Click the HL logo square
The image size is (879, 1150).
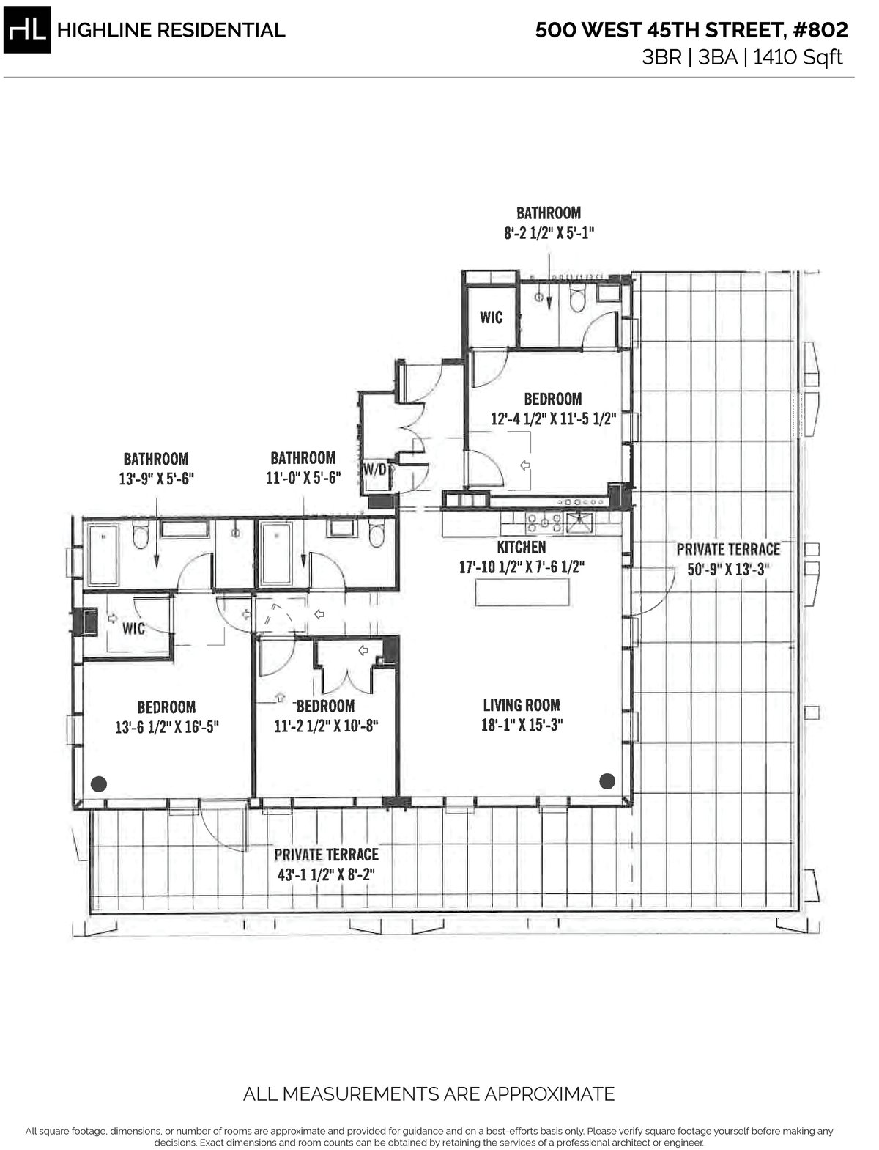pos(27,30)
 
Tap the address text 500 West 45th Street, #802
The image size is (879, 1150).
pos(691,30)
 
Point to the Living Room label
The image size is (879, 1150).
pos(522,705)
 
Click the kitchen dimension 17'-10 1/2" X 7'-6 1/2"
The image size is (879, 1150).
pos(521,567)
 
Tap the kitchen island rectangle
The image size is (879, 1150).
pos(522,592)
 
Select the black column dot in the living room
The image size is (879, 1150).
pos(607,781)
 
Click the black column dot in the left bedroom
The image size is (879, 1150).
pos(98,784)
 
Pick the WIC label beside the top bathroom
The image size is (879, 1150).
pos(491,317)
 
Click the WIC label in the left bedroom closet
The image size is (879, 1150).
pos(133,629)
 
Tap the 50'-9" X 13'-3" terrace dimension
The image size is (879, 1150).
pos(727,569)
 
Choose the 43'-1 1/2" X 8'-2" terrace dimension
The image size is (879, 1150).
pos(326,874)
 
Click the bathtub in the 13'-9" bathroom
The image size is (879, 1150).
pos(103,553)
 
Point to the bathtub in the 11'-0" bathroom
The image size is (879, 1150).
pos(276,553)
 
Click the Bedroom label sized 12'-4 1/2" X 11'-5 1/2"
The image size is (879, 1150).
pos(553,399)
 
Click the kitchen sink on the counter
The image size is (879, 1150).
pos(583,523)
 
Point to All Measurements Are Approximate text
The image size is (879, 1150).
pos(429,1094)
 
